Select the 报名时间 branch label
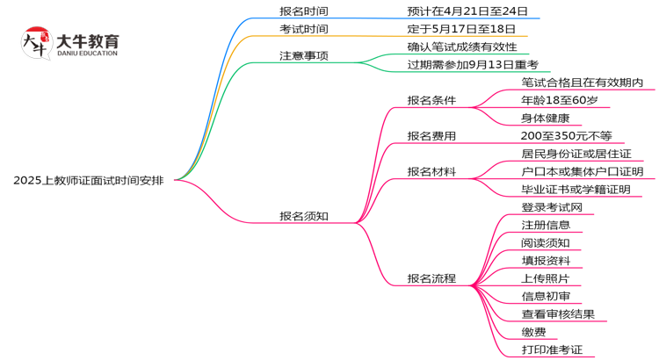click(x=304, y=11)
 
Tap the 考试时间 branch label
click(x=304, y=30)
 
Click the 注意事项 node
click(x=304, y=56)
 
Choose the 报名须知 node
click(x=304, y=216)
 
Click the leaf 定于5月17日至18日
click(x=461, y=30)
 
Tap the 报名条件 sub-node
click(x=431, y=100)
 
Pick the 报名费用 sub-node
click(x=431, y=136)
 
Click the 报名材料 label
click(x=431, y=172)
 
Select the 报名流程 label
click(x=431, y=278)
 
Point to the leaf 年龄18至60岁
click(x=559, y=100)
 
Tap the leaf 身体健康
click(x=546, y=118)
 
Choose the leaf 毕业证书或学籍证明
click(x=576, y=190)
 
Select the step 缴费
click(x=533, y=332)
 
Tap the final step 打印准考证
click(x=552, y=350)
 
